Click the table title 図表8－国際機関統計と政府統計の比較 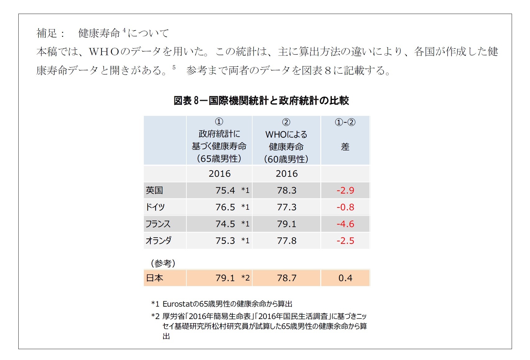pos(261,101)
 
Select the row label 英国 pos(154,190)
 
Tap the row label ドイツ pos(155,207)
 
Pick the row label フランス pos(158,224)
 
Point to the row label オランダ pos(158,240)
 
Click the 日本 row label pos(154,278)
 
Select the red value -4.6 pos(345,224)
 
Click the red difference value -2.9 pos(345,190)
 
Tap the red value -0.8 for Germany pos(345,207)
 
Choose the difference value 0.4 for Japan pos(345,278)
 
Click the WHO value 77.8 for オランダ pos(286,240)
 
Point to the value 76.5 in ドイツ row pos(225,207)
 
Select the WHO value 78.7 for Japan pos(286,278)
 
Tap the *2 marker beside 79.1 pos(245,278)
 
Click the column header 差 pos(345,147)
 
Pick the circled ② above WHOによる pos(286,122)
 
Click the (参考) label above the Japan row pos(163,263)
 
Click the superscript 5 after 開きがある pos(174,67)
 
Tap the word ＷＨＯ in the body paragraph pos(104,52)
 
